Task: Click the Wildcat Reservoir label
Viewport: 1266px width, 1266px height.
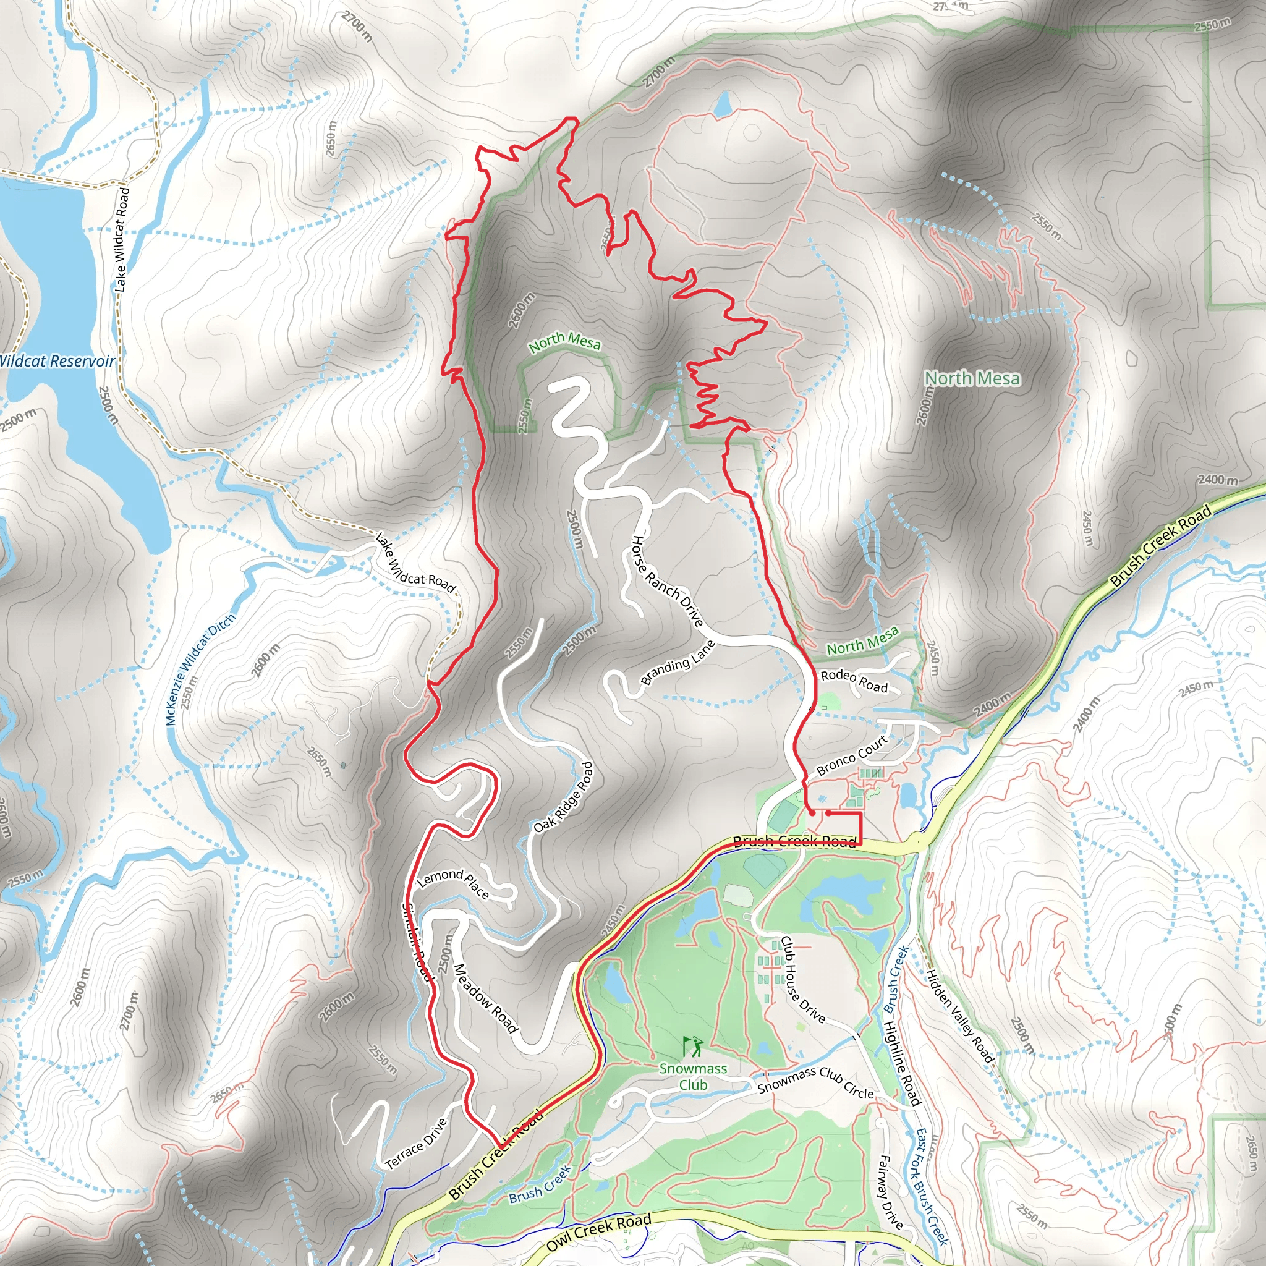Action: (x=57, y=361)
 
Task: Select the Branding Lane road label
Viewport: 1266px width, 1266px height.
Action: (x=677, y=663)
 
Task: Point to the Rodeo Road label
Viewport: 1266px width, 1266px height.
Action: (x=854, y=681)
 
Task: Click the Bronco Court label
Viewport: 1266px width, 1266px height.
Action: (x=852, y=755)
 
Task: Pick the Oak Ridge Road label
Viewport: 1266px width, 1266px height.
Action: (x=563, y=797)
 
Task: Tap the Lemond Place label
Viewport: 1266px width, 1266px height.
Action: (x=454, y=883)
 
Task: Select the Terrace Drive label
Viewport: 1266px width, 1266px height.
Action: (x=416, y=1144)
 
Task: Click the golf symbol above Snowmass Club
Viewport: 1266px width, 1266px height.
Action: (x=692, y=1047)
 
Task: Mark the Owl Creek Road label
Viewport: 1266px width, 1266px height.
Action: (x=598, y=1232)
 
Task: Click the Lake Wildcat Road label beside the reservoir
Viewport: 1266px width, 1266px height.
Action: (x=121, y=239)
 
